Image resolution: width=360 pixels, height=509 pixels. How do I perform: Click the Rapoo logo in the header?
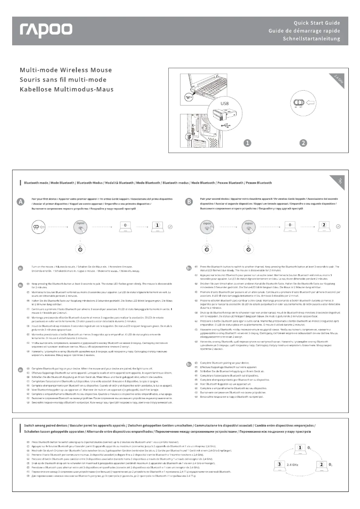tap(45, 30)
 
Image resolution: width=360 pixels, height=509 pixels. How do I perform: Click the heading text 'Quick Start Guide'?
tap(316, 22)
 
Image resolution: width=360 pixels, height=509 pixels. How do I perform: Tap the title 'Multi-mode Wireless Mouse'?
tap(66, 70)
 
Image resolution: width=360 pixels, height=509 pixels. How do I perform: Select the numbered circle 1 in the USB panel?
tap(246, 144)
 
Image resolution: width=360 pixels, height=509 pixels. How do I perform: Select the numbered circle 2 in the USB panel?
tap(304, 144)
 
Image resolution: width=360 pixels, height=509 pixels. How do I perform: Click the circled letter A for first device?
tap(20, 202)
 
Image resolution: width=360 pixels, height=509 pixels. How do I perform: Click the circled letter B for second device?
tap(190, 202)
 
